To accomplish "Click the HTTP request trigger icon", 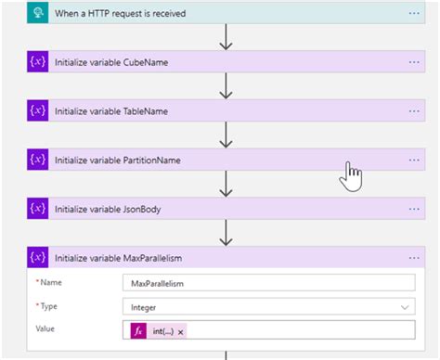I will coord(38,13).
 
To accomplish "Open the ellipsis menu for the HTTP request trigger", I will coord(414,13).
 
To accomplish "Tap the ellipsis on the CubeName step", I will coord(414,62).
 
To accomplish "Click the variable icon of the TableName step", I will coord(38,111).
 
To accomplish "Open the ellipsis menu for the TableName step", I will coord(414,111).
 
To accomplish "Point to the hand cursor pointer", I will coord(351,174).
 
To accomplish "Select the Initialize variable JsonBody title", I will coord(108,210).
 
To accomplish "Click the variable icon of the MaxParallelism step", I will coord(38,258).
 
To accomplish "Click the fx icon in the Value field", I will coord(138,330).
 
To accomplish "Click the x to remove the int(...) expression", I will coord(181,331).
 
